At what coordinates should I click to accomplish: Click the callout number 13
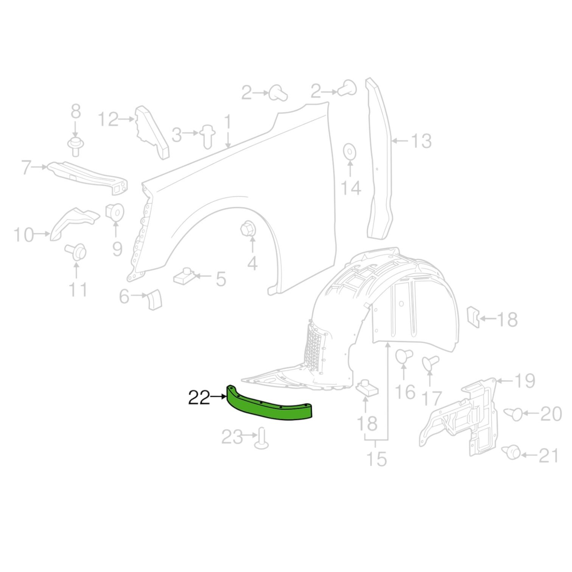click(x=420, y=141)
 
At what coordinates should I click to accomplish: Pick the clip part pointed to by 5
click(x=184, y=277)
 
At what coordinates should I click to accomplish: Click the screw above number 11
click(x=76, y=252)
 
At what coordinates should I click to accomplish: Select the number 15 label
click(x=377, y=459)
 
